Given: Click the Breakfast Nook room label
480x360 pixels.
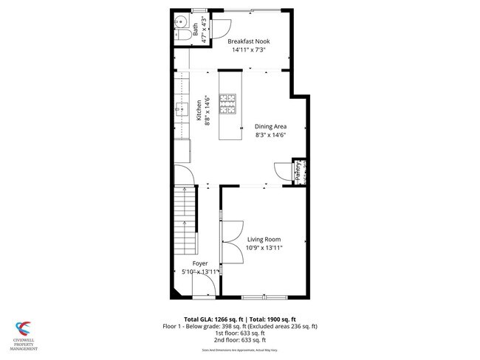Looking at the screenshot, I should (x=247, y=41).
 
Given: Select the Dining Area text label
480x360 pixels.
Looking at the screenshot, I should (x=270, y=126).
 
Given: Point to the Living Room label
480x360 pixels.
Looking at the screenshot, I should (x=264, y=239).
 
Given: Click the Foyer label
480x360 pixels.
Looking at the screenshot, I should (x=200, y=263).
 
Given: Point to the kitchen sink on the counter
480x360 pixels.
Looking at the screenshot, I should (x=180, y=111).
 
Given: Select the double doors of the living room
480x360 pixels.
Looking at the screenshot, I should (x=232, y=240).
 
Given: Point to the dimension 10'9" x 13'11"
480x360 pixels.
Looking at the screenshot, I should (x=264, y=249).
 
